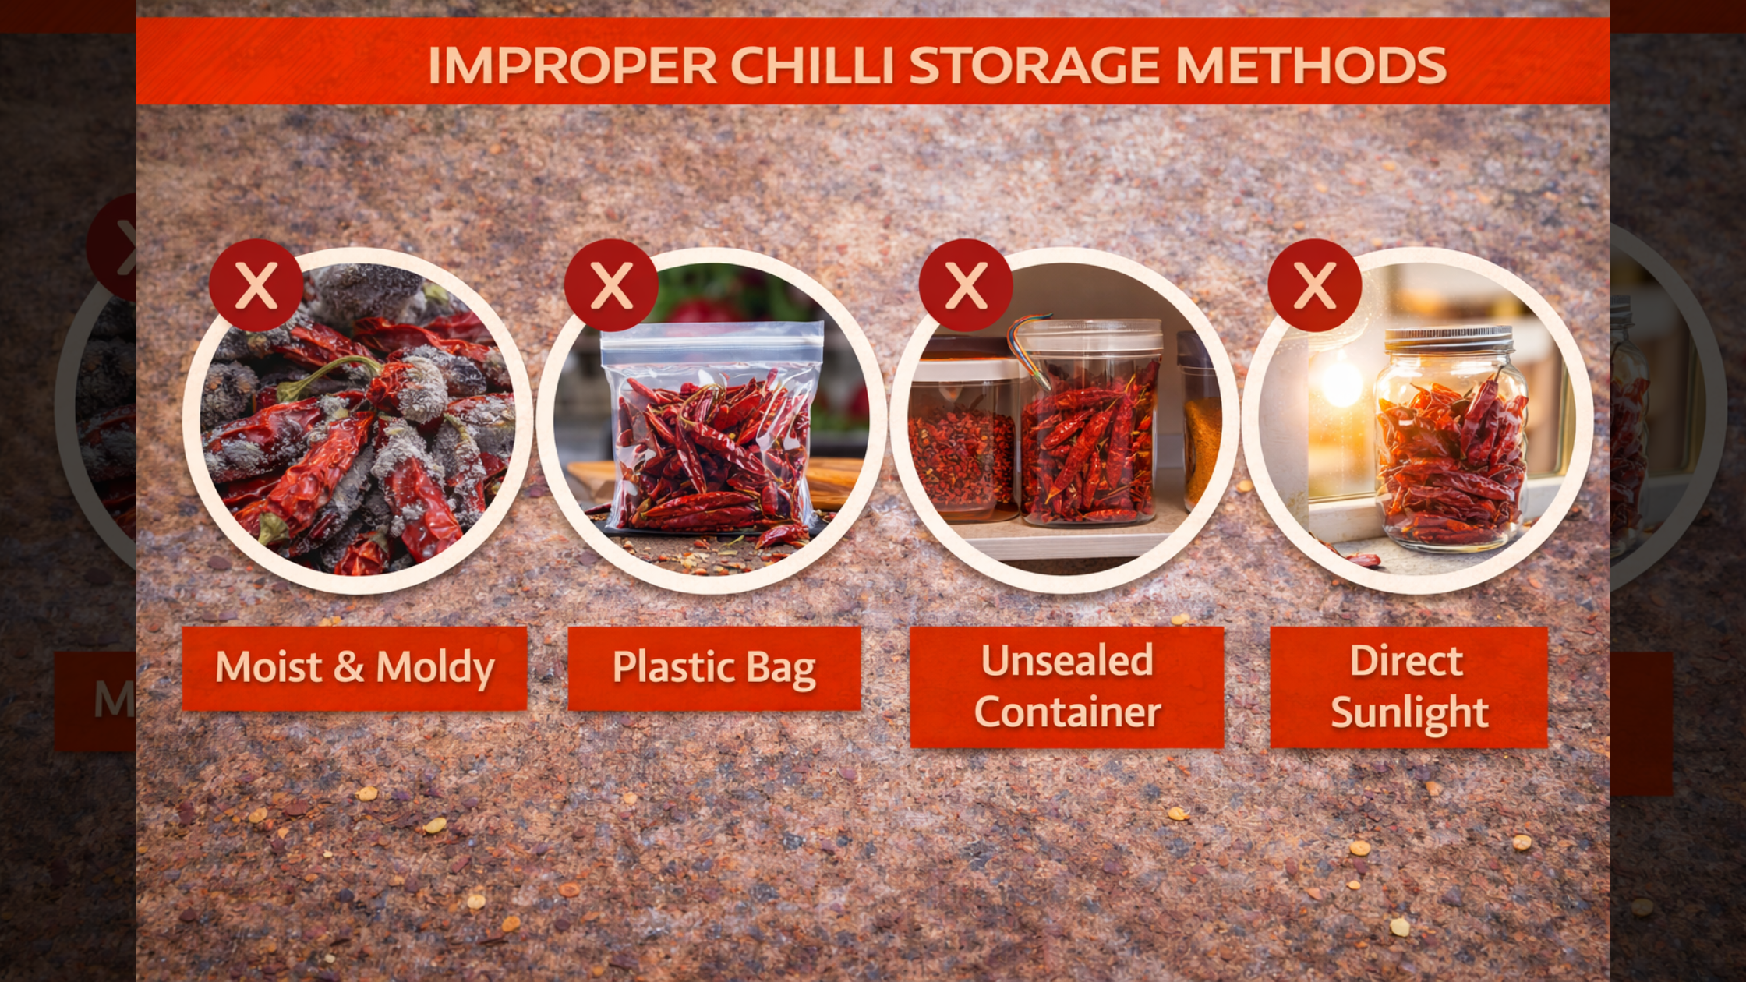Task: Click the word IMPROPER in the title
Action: (x=572, y=65)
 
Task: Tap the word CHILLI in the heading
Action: (x=811, y=65)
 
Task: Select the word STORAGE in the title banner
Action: (x=1034, y=65)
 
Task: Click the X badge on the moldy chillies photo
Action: (x=256, y=285)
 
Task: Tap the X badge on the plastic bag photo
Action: (x=611, y=285)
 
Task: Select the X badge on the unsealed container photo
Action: (x=966, y=285)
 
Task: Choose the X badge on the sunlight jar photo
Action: (x=1315, y=285)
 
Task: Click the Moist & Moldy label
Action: (x=355, y=668)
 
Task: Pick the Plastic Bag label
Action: (x=714, y=668)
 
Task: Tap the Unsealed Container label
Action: (x=1067, y=687)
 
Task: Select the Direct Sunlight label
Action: (x=1408, y=687)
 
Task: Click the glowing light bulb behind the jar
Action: (x=1341, y=382)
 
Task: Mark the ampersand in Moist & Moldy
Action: (x=348, y=666)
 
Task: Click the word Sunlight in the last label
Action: (x=1409, y=712)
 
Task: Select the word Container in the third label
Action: (x=1067, y=712)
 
